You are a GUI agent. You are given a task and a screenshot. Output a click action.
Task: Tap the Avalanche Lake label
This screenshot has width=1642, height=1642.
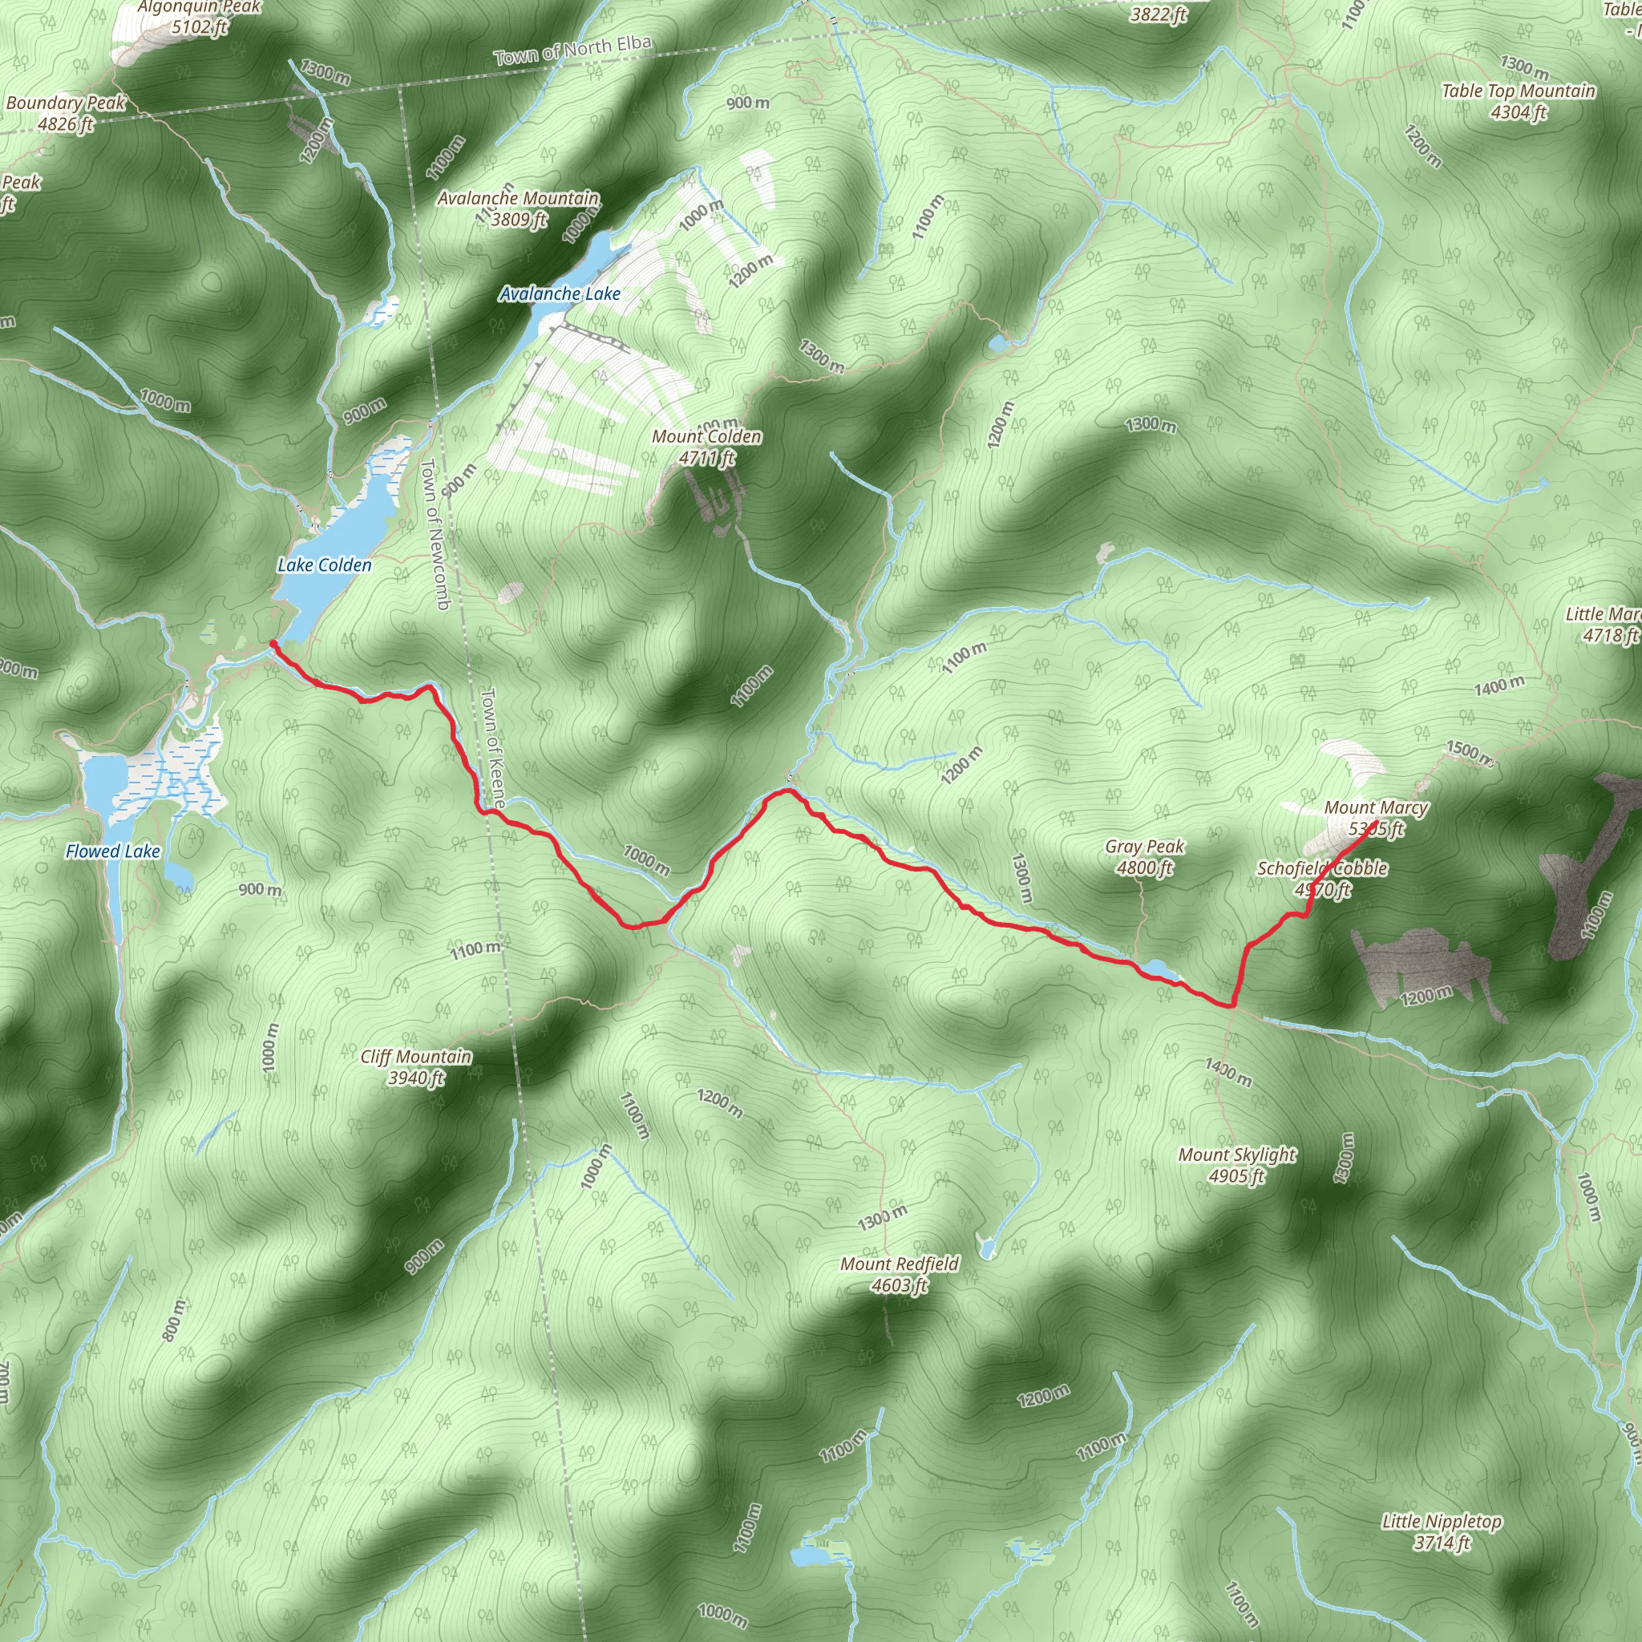point(560,294)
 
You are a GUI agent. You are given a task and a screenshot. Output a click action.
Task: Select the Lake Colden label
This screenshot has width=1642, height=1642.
point(325,565)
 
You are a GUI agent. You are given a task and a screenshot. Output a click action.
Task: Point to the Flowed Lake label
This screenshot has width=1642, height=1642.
point(113,851)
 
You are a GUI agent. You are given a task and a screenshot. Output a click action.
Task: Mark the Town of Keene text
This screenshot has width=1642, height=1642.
point(493,748)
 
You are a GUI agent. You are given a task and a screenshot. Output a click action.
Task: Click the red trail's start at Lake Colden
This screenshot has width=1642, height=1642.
point(272,645)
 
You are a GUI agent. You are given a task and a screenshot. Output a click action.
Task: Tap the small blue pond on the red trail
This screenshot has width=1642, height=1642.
point(1158,969)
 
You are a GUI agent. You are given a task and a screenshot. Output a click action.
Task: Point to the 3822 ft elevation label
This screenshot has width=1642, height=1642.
point(1158,14)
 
